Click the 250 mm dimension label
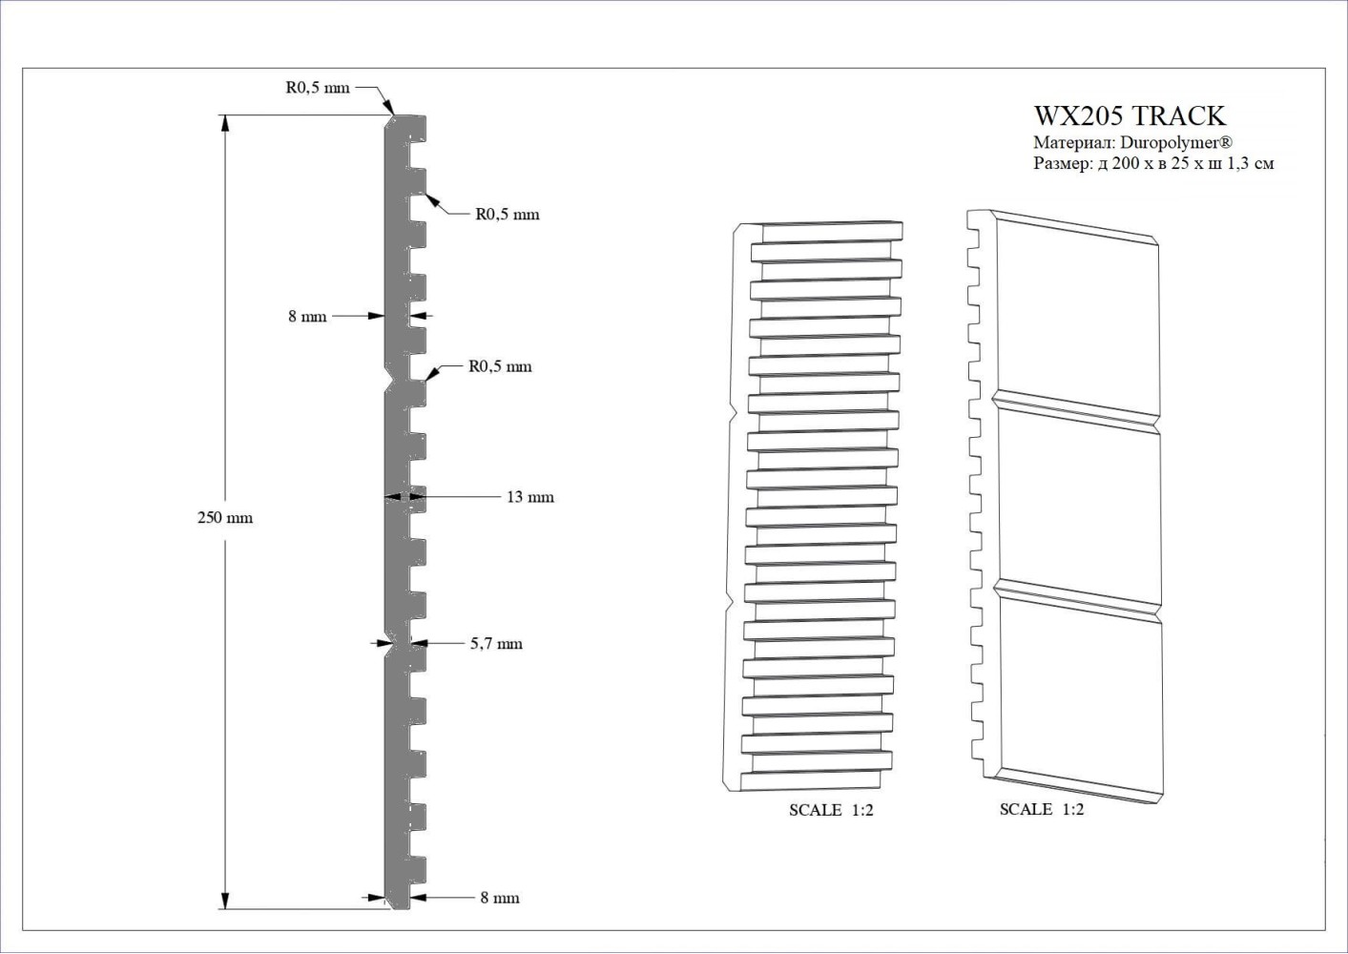point(225,518)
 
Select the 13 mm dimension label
point(530,497)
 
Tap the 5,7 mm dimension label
point(496,644)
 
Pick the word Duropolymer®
point(1177,143)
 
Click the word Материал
point(1073,143)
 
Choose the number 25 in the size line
point(1179,163)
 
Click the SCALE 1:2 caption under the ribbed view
point(831,810)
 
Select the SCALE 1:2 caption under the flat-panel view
point(1042,810)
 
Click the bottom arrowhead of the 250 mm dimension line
point(225,901)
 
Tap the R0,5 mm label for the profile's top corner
point(317,88)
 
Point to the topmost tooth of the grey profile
point(417,128)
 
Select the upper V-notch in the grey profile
point(390,381)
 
